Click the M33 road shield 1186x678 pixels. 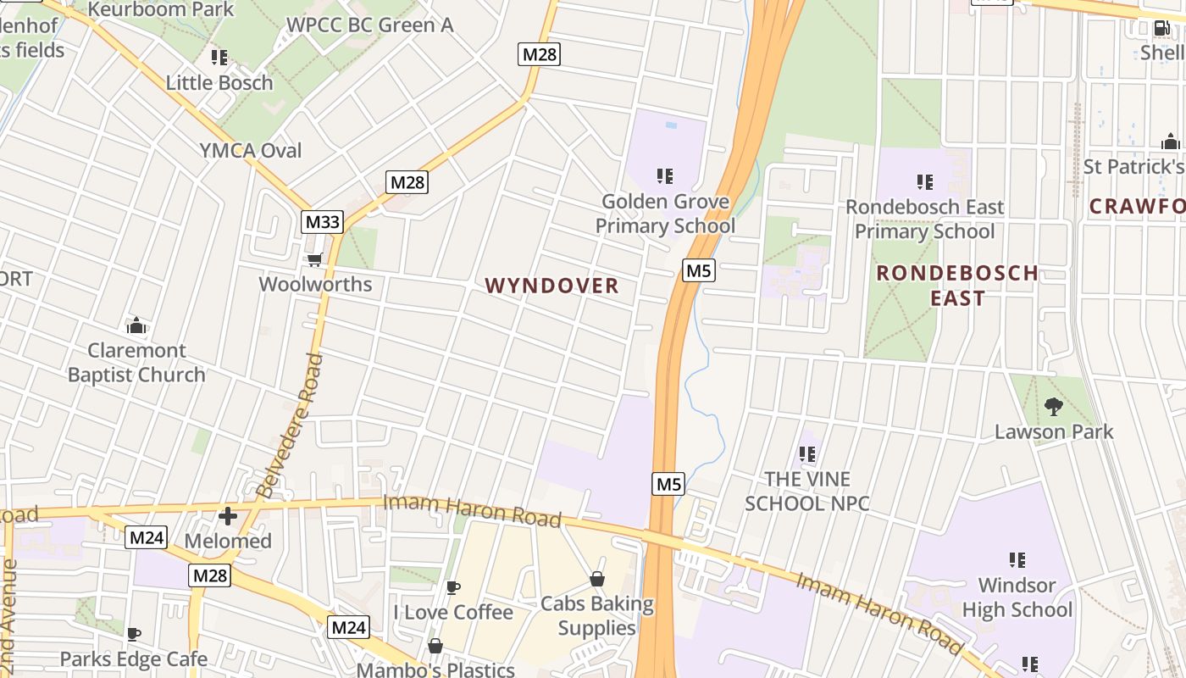pyautogui.click(x=322, y=223)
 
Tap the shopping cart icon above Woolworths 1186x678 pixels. pyautogui.click(x=314, y=259)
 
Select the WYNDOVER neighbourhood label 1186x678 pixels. pyautogui.click(x=552, y=286)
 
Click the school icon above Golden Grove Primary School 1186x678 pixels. pyautogui.click(x=665, y=176)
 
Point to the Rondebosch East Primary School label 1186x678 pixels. pyautogui.click(x=924, y=219)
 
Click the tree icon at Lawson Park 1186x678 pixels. pyautogui.click(x=1053, y=407)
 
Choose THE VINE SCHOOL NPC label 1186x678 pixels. pyautogui.click(x=806, y=491)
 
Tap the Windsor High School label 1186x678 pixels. pyautogui.click(x=1017, y=597)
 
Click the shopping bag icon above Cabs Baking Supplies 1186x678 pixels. pyautogui.click(x=597, y=580)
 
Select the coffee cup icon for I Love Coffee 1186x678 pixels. pyautogui.click(x=453, y=587)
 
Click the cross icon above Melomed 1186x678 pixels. pyautogui.click(x=228, y=515)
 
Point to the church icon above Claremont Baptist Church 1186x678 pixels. pyautogui.click(x=136, y=325)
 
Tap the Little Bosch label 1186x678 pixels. pyautogui.click(x=219, y=82)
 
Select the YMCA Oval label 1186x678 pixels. pyautogui.click(x=251, y=150)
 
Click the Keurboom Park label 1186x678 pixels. pyautogui.click(x=161, y=10)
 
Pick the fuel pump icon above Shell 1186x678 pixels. pyautogui.click(x=1161, y=28)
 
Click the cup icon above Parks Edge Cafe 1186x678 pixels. pyautogui.click(x=133, y=634)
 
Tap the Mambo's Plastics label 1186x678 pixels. pyautogui.click(x=435, y=670)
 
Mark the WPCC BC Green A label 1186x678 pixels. pyautogui.click(x=369, y=25)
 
